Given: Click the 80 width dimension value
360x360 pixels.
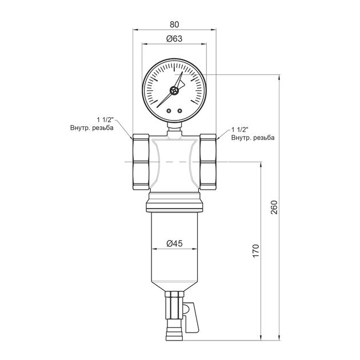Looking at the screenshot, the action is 174,25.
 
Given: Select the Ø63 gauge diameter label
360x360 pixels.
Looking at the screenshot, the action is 174,39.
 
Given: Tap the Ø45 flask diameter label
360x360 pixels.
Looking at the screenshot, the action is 174,243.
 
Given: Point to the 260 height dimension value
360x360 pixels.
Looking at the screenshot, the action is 274,207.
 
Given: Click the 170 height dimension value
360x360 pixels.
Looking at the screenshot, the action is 256,251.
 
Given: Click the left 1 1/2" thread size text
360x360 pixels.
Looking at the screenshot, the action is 105,120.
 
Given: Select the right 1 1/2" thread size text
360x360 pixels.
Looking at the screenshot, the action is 240,130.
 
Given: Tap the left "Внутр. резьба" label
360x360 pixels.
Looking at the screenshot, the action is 92,127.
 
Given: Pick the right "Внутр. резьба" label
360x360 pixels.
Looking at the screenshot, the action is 253,138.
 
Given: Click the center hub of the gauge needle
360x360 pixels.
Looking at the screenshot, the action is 174,91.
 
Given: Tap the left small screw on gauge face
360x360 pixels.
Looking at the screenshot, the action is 169,111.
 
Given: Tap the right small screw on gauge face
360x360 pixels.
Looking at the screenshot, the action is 180,111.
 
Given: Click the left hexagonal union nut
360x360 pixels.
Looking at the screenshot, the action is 141,162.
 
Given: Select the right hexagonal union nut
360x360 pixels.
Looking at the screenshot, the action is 208,162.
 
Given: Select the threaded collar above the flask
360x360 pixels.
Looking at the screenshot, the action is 174,202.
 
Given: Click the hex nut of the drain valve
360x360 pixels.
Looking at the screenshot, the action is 174,305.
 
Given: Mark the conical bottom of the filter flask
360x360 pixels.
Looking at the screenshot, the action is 174,286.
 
